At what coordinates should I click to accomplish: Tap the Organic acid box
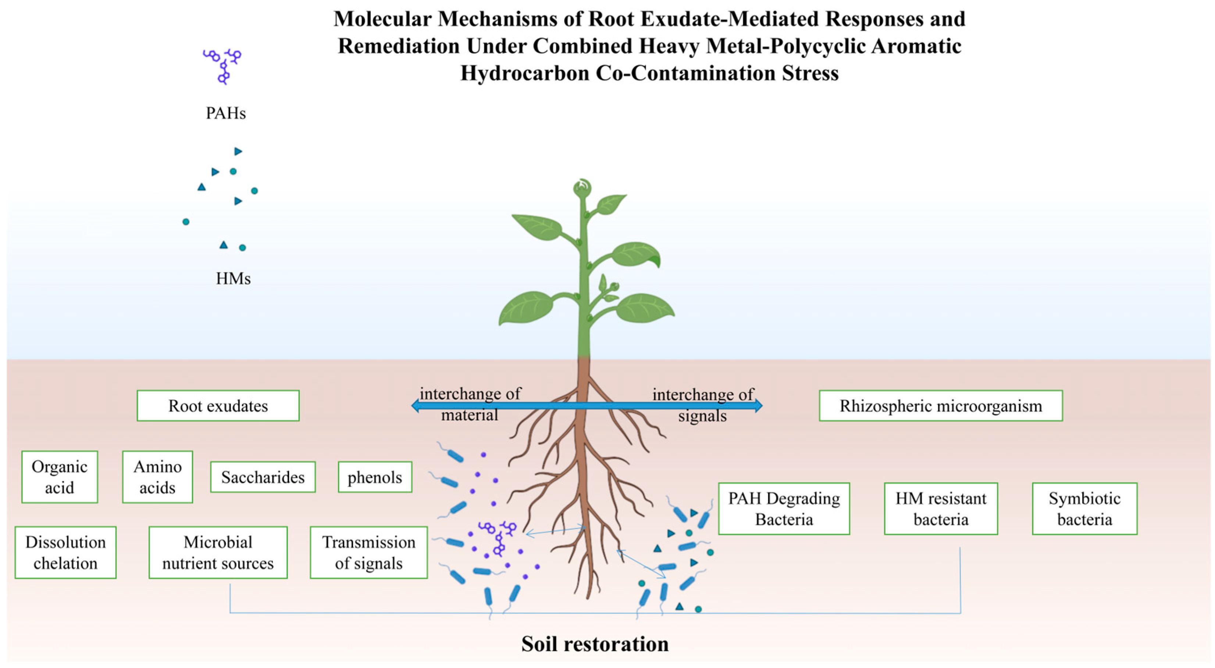(x=60, y=477)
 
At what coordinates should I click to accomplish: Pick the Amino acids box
(x=157, y=477)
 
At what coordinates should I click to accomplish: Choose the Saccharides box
(x=263, y=477)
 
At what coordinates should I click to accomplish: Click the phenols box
(x=375, y=477)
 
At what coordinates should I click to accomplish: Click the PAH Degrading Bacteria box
(x=784, y=508)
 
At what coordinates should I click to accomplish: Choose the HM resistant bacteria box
(x=941, y=508)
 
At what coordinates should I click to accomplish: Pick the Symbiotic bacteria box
(x=1084, y=508)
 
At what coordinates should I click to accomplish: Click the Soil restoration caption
(x=595, y=644)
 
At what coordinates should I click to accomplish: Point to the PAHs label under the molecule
(x=225, y=113)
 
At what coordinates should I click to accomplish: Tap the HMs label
(x=233, y=279)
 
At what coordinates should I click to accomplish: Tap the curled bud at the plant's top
(x=582, y=188)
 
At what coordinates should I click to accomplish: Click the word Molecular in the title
(x=382, y=19)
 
